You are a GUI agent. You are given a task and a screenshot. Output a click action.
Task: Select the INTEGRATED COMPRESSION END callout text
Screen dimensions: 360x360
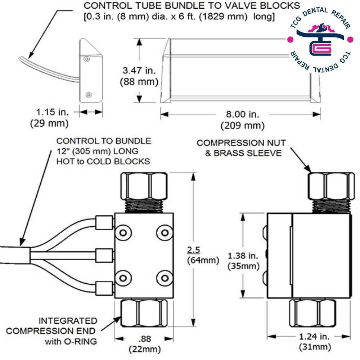[x=52, y=330]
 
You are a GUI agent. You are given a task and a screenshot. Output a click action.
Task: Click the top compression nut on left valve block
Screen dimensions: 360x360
[x=144, y=186]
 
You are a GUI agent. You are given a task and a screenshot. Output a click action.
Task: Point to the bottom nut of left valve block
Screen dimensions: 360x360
[x=144, y=314]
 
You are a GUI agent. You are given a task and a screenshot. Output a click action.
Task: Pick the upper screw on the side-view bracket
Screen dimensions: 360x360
[x=85, y=58]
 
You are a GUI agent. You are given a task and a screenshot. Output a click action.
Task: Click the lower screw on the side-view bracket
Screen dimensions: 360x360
[x=89, y=95]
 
